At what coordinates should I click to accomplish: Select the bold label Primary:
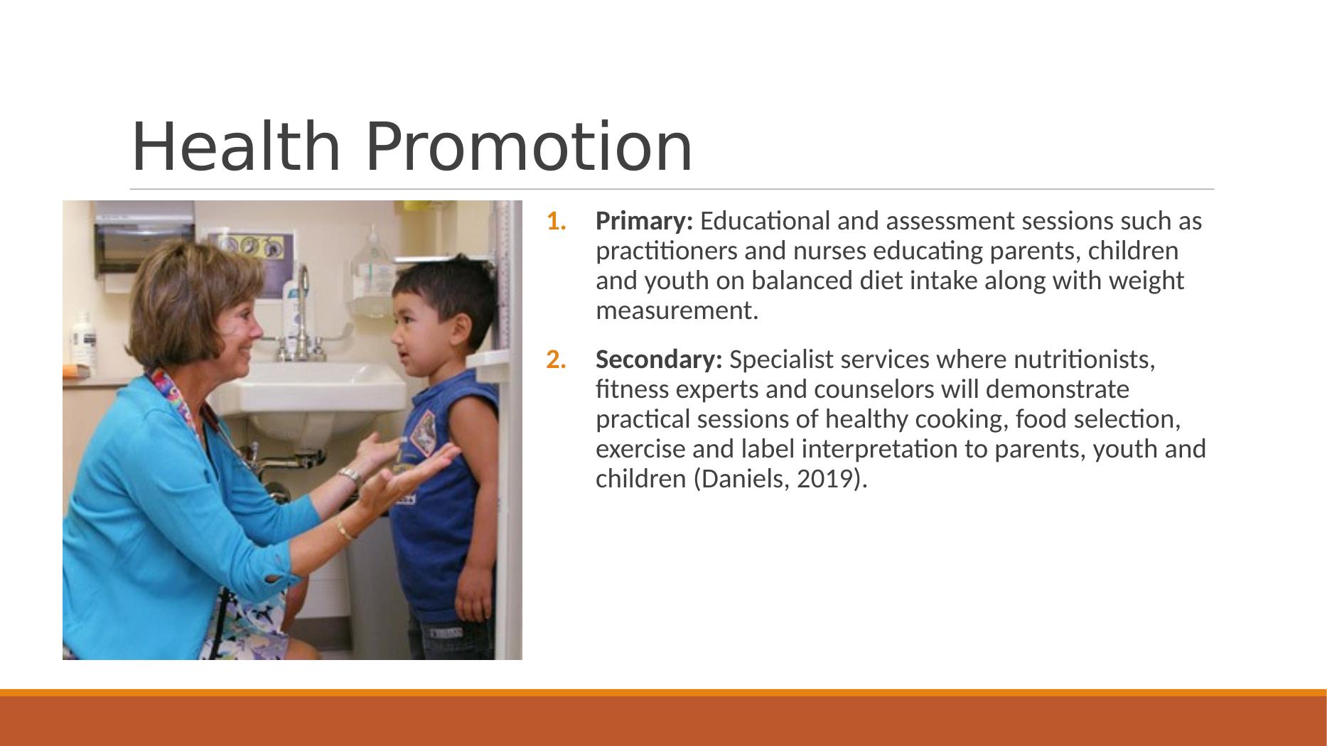click(644, 222)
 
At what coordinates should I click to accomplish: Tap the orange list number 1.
click(556, 222)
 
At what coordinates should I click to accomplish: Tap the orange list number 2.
click(556, 360)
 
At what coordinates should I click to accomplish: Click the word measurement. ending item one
click(677, 311)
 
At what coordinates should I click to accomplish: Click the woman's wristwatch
click(350, 475)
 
